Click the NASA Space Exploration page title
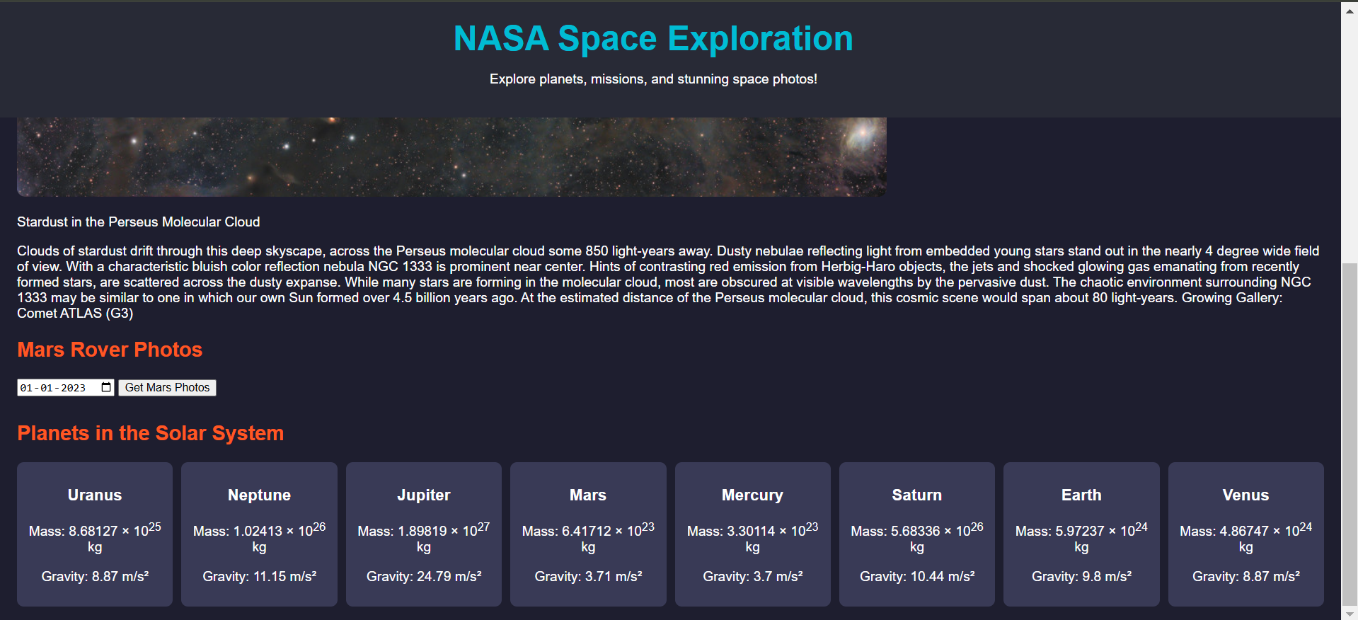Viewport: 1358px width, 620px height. [x=653, y=38]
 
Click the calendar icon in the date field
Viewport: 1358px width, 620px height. [x=106, y=387]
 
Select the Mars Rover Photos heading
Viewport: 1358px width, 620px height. [x=110, y=350]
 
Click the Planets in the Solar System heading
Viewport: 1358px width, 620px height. [x=150, y=433]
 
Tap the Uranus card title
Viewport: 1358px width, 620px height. [x=95, y=495]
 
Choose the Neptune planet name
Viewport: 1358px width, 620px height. [x=259, y=495]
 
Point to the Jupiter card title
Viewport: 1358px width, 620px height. [x=424, y=495]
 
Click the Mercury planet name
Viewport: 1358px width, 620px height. [x=752, y=495]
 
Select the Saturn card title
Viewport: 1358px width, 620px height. [x=916, y=495]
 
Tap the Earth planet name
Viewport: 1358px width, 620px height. [x=1081, y=495]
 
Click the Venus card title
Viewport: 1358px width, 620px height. [x=1245, y=495]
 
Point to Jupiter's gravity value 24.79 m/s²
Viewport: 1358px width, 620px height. [x=449, y=576]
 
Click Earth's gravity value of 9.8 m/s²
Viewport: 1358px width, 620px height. [x=1107, y=576]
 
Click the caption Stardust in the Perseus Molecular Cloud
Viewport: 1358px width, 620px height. [x=139, y=222]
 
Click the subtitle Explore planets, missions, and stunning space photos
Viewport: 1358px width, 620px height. [x=653, y=79]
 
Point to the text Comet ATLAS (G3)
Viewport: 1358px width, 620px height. [x=75, y=313]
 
